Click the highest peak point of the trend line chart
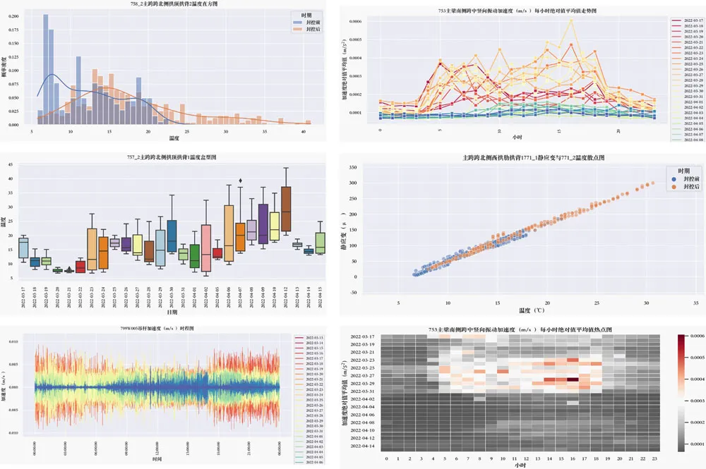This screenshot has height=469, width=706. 570,20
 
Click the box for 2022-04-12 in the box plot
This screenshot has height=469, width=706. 286,209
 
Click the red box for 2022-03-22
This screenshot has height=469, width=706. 80,267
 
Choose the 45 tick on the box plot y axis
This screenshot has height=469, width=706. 10,165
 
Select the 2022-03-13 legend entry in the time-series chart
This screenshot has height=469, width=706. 314,338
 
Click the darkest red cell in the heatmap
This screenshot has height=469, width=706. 573,379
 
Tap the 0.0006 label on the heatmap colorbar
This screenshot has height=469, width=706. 695,336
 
